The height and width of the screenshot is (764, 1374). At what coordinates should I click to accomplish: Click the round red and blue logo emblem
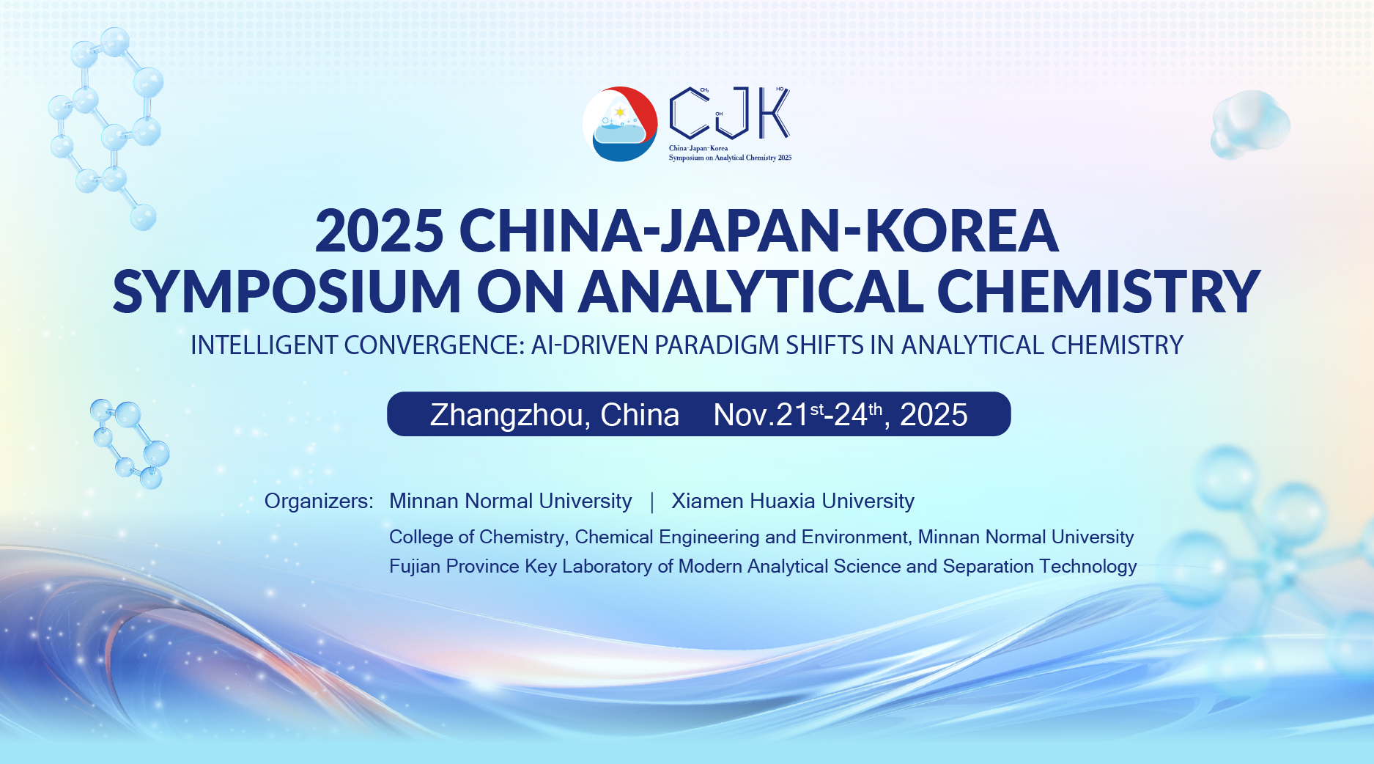[x=620, y=124]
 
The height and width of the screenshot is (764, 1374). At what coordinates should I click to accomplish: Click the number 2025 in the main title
[x=379, y=230]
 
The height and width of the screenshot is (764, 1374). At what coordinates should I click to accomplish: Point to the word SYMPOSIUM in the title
[x=287, y=292]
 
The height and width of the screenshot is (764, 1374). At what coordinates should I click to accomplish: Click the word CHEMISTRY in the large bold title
[x=1098, y=292]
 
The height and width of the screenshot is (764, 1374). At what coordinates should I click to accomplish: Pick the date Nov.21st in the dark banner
[x=768, y=415]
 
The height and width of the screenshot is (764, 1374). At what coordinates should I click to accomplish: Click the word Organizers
[x=319, y=501]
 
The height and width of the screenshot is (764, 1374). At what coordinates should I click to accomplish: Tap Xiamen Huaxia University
[x=793, y=501]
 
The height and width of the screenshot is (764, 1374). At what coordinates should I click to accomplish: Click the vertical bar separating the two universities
[x=652, y=502]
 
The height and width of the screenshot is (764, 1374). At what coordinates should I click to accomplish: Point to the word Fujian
[x=415, y=566]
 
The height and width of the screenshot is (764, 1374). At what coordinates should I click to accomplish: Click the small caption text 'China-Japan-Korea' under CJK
[x=698, y=148]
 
